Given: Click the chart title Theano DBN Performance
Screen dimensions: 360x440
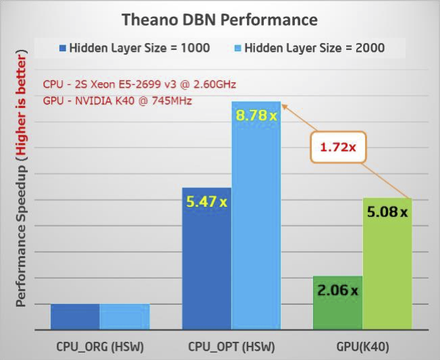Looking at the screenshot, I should click(219, 20).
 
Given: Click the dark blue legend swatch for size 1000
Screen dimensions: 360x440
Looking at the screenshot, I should click(62, 48).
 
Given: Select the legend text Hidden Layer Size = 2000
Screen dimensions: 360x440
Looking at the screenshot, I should click(314, 48).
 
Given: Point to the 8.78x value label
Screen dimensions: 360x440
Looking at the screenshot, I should click(256, 115).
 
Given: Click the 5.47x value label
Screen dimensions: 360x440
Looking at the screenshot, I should click(207, 201).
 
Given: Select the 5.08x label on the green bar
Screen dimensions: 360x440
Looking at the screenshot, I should click(387, 212).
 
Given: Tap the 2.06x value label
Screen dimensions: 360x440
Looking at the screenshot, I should click(337, 291).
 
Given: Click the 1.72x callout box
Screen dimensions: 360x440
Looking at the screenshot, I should click(337, 146).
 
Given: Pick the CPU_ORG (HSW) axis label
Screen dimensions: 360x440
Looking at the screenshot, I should click(100, 347).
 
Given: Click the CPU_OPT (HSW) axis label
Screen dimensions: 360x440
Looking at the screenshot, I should click(231, 347).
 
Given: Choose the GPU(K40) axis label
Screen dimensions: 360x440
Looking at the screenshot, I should click(363, 347).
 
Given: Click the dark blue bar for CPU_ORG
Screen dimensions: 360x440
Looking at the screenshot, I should click(75, 317).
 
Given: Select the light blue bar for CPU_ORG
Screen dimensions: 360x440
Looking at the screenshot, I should click(124, 317).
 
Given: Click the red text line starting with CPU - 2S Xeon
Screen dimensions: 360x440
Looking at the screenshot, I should click(140, 85).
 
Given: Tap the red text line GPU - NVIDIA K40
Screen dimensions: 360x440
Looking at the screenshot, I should click(118, 101).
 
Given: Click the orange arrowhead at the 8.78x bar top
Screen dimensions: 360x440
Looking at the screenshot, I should click(285, 105).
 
